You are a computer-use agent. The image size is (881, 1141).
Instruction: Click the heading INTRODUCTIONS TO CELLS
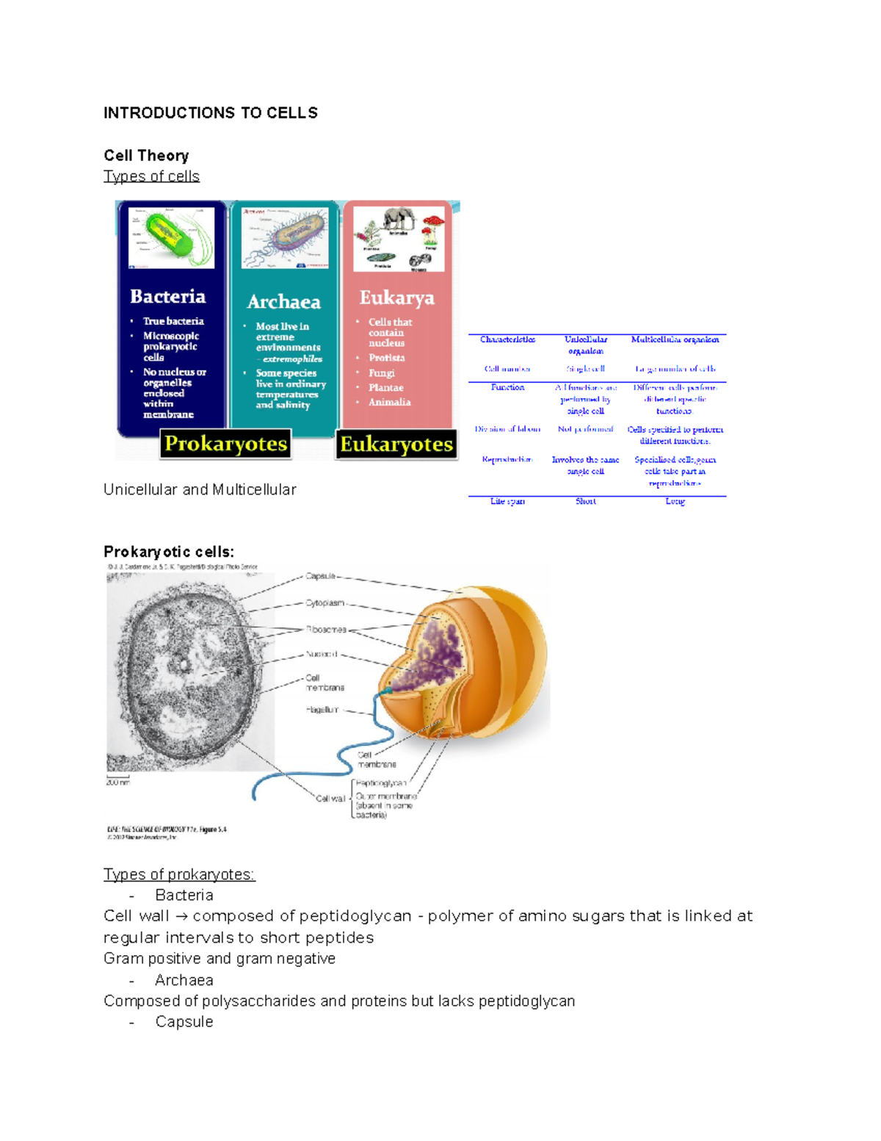point(210,112)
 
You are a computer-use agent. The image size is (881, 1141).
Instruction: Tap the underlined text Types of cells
point(151,176)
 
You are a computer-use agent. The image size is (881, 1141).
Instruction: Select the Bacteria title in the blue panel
point(167,296)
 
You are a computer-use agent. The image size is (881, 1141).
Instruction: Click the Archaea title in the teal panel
point(283,302)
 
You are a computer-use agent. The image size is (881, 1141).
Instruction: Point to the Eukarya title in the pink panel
point(396,298)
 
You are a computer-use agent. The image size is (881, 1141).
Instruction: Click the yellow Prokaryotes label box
point(225,444)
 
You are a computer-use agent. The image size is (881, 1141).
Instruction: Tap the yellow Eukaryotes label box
point(396,444)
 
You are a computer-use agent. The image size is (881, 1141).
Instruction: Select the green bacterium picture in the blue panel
point(171,237)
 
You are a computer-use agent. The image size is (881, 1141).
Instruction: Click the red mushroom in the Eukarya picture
point(432,224)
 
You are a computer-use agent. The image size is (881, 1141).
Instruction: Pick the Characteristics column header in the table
point(507,339)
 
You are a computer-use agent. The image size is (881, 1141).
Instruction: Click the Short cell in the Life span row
point(585,501)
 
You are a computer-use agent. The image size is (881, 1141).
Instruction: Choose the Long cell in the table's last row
point(675,501)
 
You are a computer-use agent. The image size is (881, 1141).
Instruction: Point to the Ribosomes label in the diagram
point(326,630)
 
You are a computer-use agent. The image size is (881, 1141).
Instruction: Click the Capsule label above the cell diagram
point(321,576)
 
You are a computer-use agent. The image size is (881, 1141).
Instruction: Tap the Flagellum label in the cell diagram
point(322,710)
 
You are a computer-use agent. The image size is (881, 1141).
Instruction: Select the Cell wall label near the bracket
point(330,799)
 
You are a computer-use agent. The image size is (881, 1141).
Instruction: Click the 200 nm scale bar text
point(117,782)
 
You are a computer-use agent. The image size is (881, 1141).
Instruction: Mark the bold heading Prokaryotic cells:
point(169,552)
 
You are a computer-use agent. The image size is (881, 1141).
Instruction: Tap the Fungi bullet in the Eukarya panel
point(382,372)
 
